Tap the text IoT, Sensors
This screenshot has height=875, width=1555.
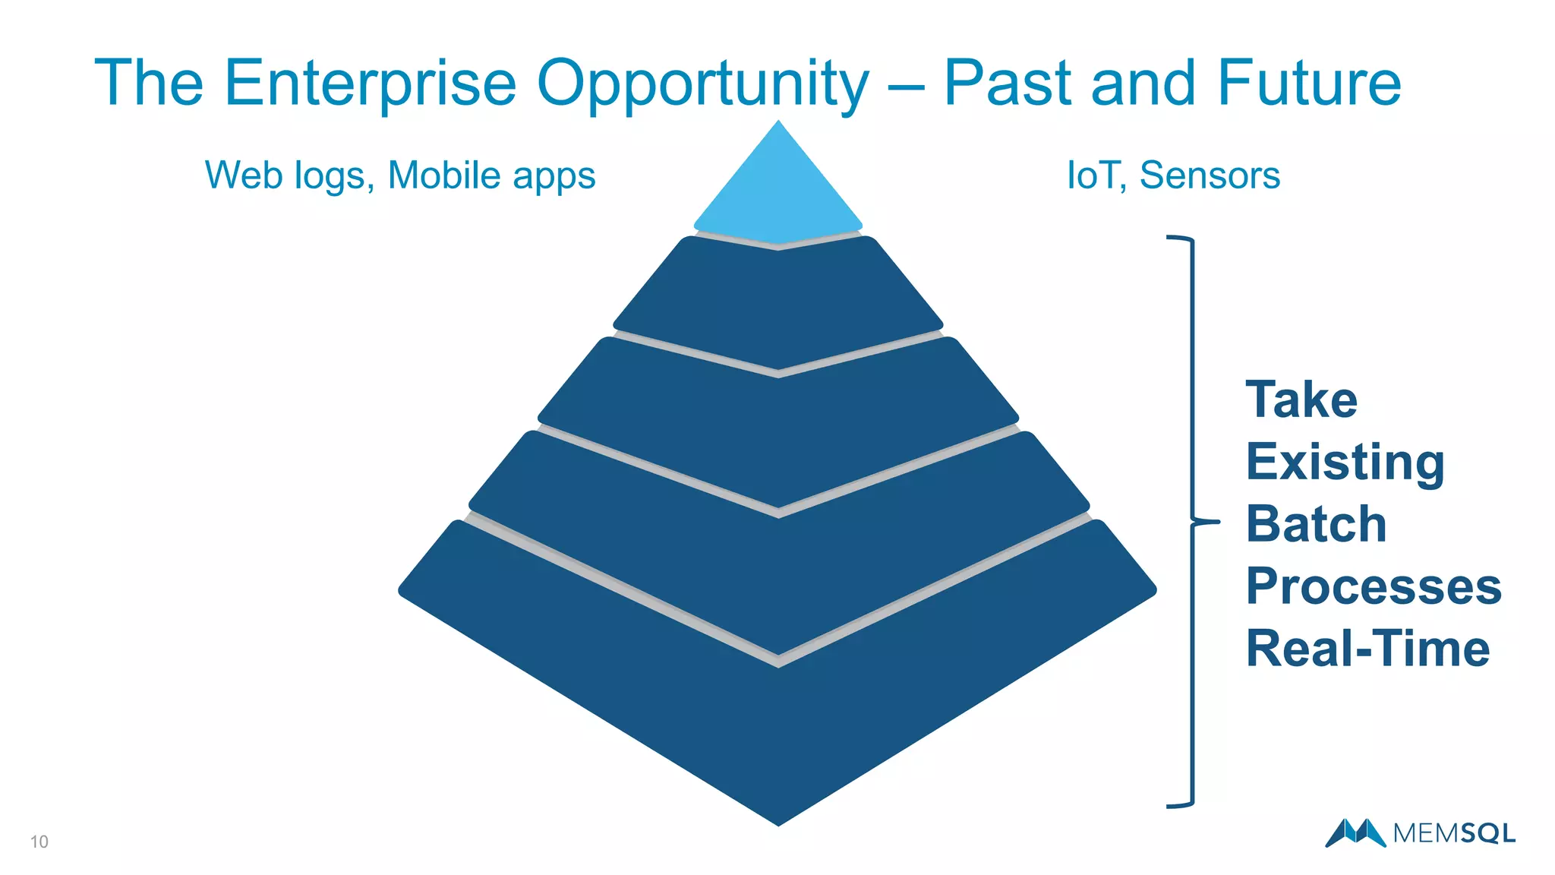(1173, 175)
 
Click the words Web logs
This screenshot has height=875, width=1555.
(289, 175)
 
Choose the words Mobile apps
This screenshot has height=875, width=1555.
(491, 175)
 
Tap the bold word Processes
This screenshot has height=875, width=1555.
(1373, 586)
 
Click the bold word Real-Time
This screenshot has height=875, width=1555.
(1367, 649)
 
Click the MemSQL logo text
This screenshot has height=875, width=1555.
(1454, 833)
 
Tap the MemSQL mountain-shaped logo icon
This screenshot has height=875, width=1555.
(1355, 832)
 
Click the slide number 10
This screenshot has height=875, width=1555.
(39, 842)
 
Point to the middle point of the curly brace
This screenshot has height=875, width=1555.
(1207, 522)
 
